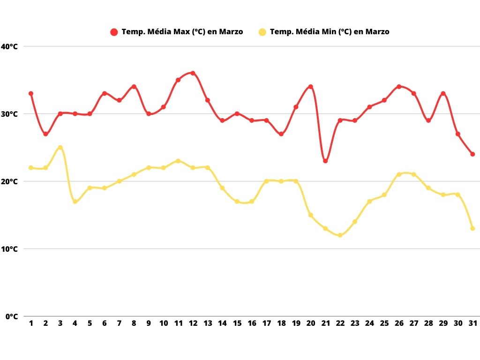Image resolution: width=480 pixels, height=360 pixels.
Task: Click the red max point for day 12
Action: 193,73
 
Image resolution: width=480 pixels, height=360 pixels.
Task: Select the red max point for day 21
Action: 325,161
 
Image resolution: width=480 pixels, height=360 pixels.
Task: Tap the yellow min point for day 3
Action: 60,147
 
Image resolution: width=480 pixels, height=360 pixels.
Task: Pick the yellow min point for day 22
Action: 340,235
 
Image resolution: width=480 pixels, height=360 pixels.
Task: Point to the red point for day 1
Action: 31,93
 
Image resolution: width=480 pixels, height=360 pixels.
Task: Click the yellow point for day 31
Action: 472,228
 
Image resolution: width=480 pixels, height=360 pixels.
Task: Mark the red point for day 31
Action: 472,154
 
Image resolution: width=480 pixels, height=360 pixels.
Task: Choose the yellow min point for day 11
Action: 178,161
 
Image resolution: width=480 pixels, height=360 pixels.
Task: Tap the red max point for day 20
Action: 310,87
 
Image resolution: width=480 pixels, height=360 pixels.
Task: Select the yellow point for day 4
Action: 75,202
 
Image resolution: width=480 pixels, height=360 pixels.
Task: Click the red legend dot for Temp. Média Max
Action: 114,32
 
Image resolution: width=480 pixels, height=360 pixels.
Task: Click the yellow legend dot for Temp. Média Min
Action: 262,32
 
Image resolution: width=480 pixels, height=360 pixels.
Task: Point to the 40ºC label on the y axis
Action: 9,46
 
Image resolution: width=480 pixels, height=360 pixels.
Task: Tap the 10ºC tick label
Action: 9,249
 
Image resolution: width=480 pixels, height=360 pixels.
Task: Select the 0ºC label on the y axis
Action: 11,316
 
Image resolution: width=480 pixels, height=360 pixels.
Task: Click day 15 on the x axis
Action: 237,323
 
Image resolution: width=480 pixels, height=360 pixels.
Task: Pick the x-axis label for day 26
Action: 399,323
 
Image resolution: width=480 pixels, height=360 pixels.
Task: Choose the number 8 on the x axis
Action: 134,323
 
